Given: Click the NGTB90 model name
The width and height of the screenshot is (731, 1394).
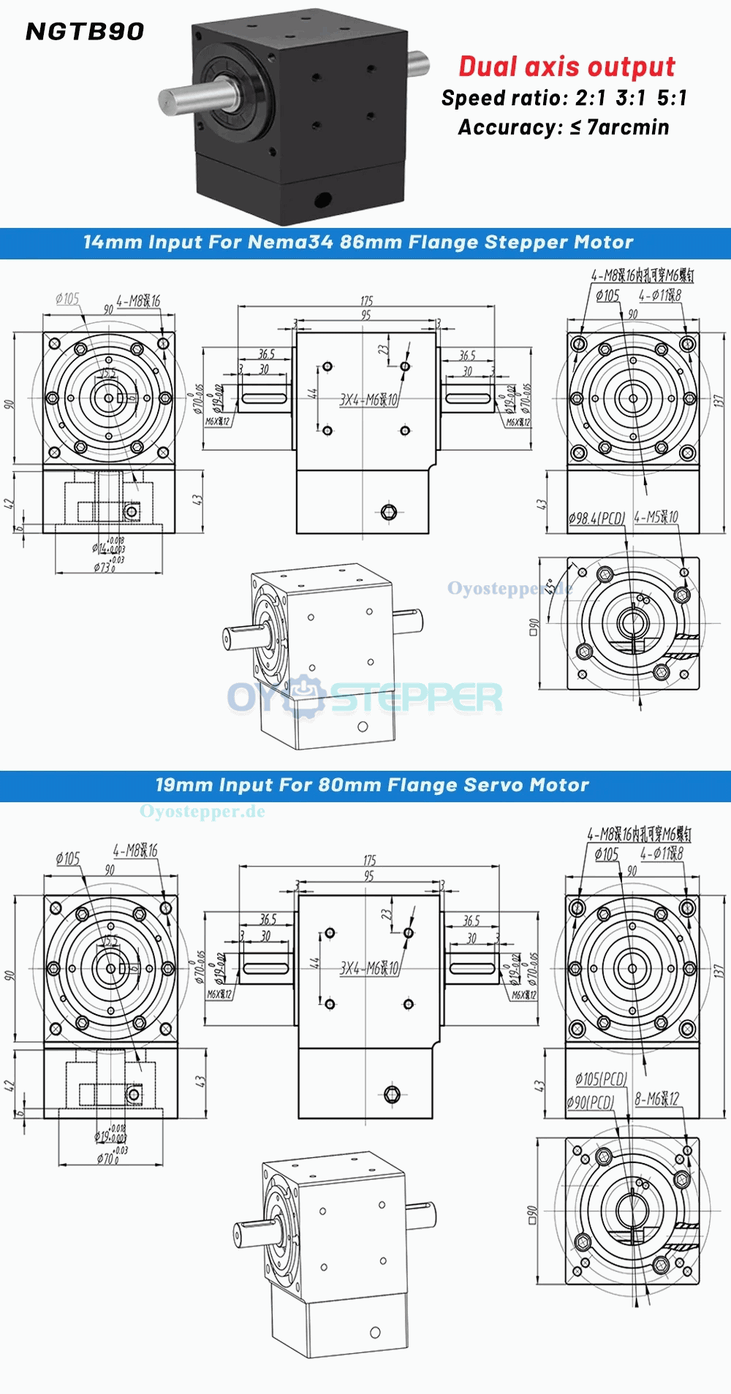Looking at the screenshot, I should (x=85, y=31).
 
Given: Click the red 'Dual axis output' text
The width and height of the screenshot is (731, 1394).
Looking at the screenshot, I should (x=567, y=66).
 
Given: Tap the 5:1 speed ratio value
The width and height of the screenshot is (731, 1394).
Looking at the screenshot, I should (x=672, y=98).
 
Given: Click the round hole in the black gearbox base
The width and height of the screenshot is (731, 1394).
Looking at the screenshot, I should (x=321, y=198).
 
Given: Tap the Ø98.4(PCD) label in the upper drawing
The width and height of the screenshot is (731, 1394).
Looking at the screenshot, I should (x=597, y=518).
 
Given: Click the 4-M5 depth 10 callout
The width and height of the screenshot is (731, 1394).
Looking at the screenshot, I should (x=656, y=517).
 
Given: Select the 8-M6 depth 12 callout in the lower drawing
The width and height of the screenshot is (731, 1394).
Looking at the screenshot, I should (x=656, y=1099).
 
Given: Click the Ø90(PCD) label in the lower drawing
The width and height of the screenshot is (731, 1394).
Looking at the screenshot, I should (x=591, y=1102).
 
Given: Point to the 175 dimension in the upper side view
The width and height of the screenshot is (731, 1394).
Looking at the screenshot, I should (x=366, y=301).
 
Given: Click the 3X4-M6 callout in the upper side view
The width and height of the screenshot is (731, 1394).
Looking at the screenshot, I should (x=369, y=400).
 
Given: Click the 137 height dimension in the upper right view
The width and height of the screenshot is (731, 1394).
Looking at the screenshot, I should (x=719, y=401).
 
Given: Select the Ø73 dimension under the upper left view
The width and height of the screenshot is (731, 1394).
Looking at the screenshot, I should (x=105, y=566).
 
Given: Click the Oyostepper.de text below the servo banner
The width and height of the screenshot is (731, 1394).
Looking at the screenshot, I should (x=202, y=812).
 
